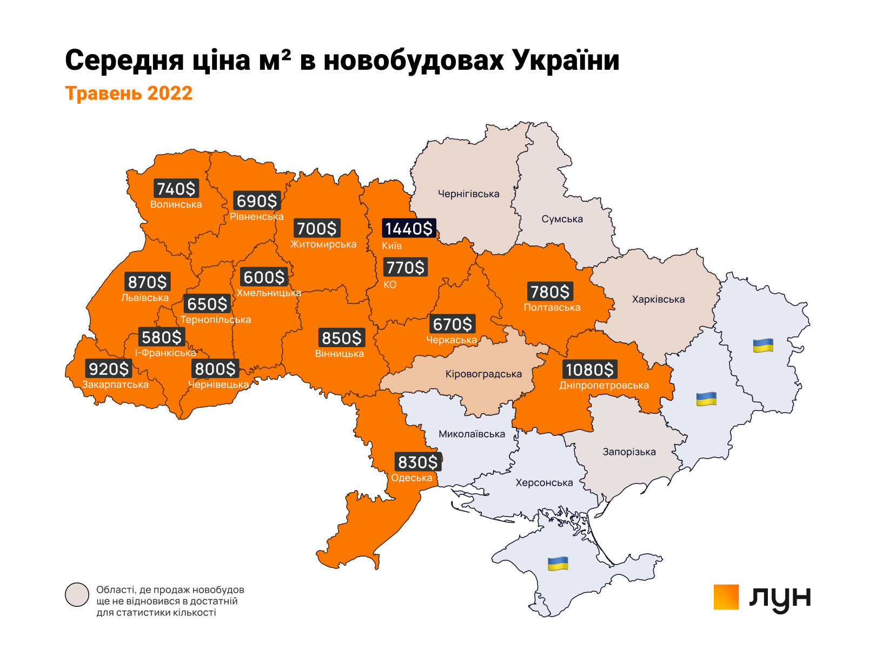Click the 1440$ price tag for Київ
(x=409, y=228)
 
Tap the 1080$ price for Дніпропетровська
(x=589, y=370)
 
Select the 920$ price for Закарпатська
(x=109, y=369)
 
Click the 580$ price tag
(x=162, y=337)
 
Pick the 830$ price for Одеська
(x=417, y=462)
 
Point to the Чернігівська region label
(x=468, y=194)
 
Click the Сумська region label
(x=562, y=219)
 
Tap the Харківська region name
(x=658, y=299)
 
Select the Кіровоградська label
(x=483, y=374)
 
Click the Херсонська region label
(x=544, y=483)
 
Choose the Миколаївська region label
(x=472, y=434)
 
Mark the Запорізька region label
(x=629, y=452)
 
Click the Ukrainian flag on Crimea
(x=558, y=564)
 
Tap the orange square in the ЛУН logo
(x=726, y=597)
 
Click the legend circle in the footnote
(x=77, y=595)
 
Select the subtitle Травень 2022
(x=129, y=93)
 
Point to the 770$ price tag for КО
(x=406, y=267)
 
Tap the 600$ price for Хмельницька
(x=264, y=277)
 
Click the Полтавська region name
(x=552, y=308)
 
